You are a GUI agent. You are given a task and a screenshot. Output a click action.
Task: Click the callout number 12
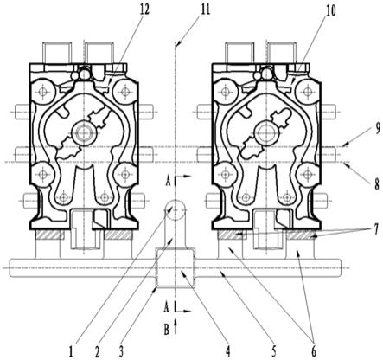(144, 10)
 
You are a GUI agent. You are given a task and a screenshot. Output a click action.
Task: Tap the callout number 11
(206, 10)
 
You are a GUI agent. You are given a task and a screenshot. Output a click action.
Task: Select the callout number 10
(331, 11)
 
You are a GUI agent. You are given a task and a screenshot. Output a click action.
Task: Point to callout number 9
(378, 129)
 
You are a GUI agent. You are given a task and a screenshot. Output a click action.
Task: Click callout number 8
(377, 184)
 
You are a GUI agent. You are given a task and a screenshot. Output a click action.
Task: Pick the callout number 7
(377, 231)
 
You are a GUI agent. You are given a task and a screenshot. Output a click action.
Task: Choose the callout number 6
(314, 351)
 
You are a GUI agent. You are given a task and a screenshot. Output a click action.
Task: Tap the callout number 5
(273, 351)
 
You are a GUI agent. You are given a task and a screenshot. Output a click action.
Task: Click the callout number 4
(228, 351)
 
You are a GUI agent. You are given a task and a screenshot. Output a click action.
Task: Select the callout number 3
(121, 351)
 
